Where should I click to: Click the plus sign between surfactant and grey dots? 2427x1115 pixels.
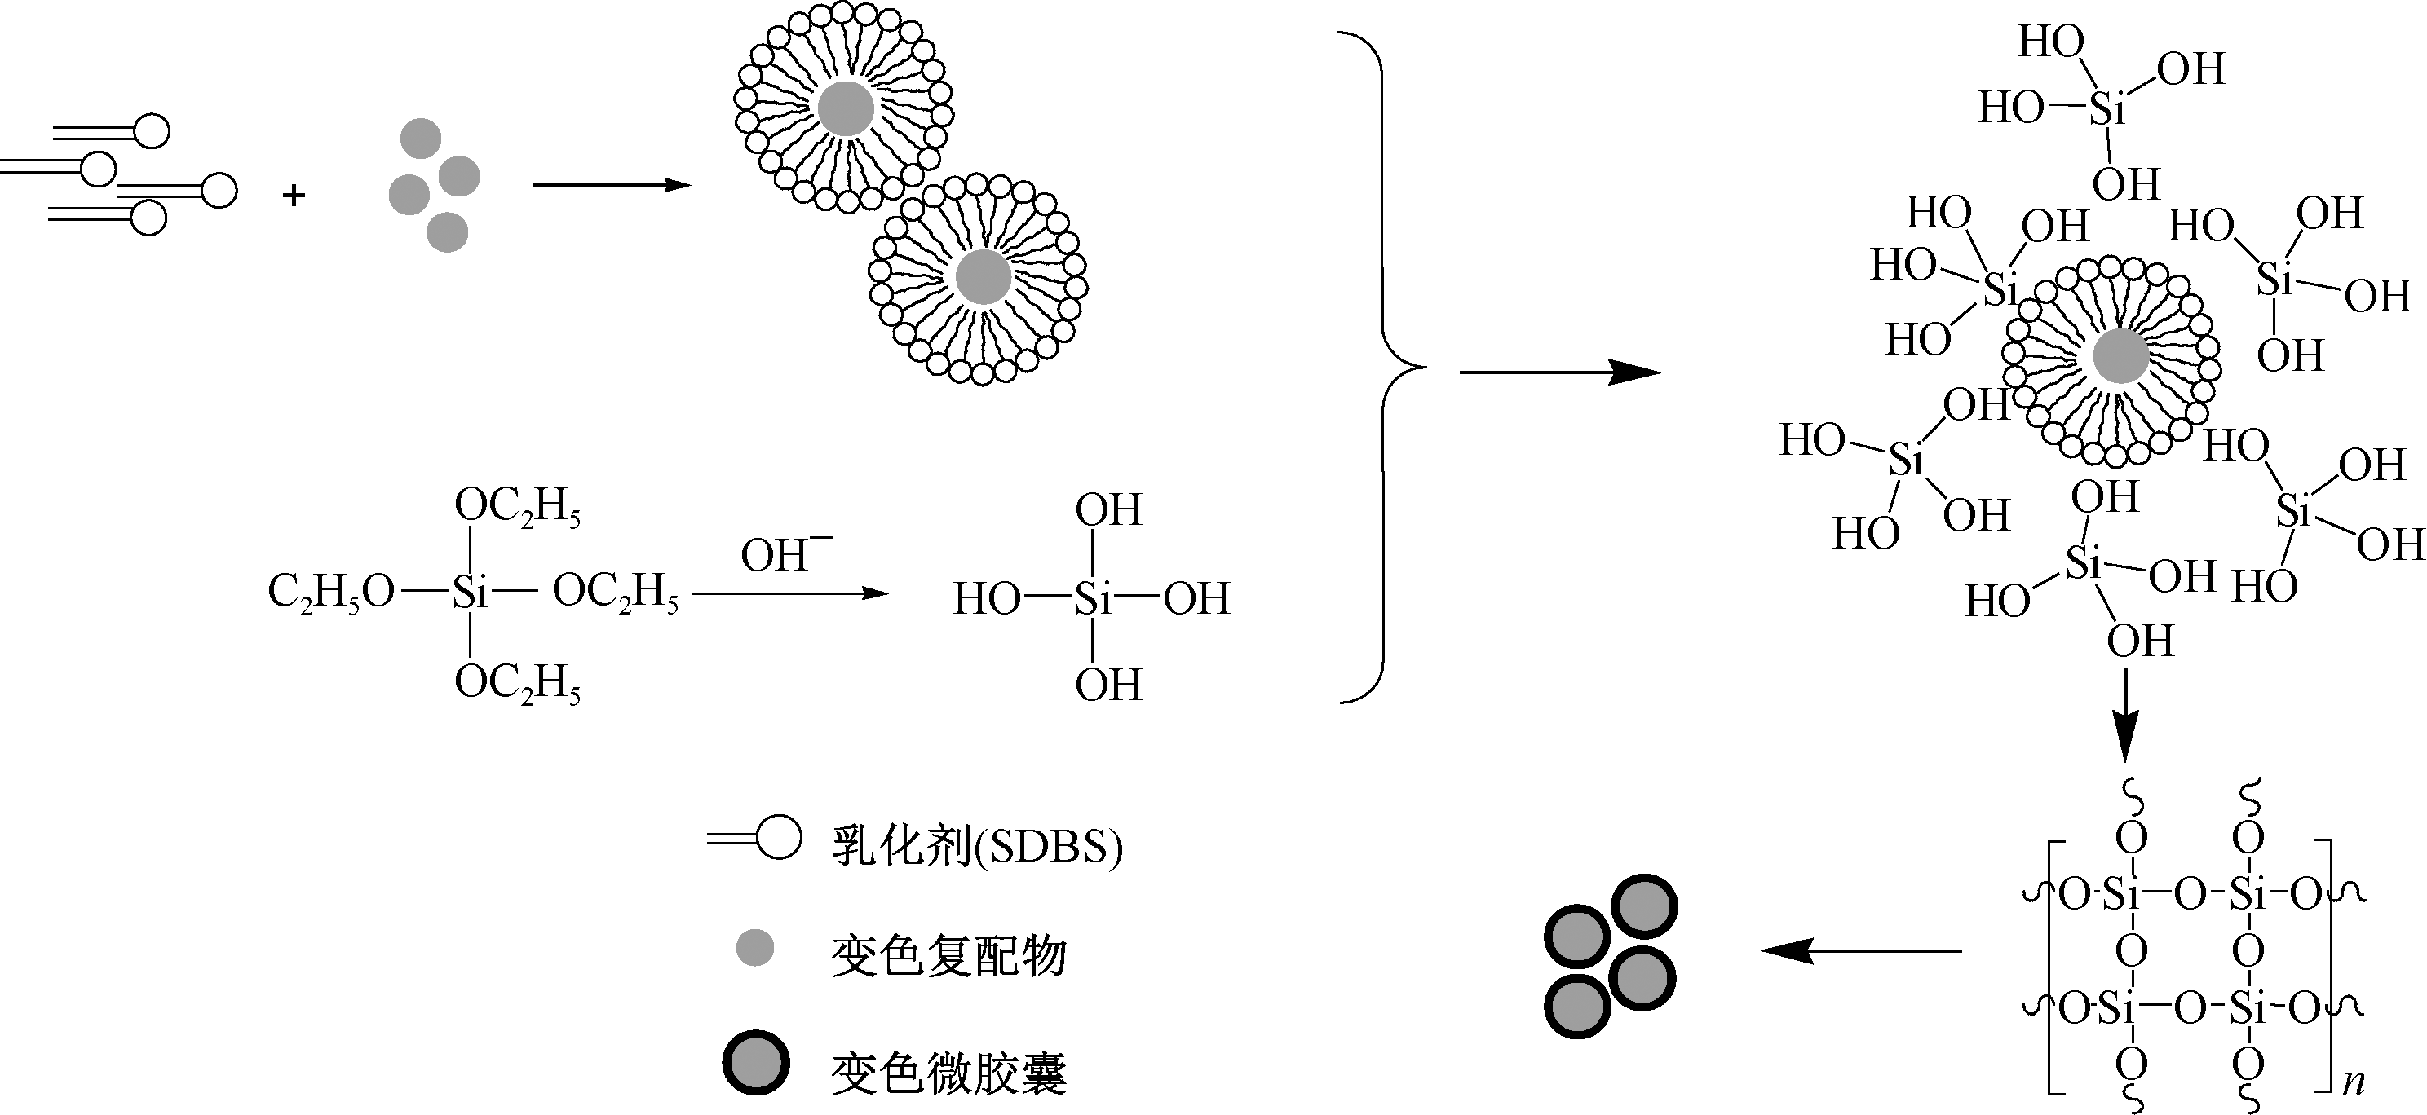pyautogui.click(x=294, y=196)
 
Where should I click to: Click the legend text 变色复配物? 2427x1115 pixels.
pyautogui.click(x=948, y=956)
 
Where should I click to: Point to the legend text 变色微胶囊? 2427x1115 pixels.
pyautogui.click(x=948, y=1073)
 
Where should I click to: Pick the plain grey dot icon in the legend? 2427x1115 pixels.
pyautogui.click(x=754, y=947)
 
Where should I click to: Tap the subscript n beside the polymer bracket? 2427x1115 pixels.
pyautogui.click(x=2353, y=1080)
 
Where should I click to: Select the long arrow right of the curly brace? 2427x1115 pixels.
pyautogui.click(x=1559, y=373)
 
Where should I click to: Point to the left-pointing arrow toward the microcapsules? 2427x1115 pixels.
pyautogui.click(x=1862, y=951)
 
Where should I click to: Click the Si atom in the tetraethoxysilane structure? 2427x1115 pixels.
pyautogui.click(x=469, y=593)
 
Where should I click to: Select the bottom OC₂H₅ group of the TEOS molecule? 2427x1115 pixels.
pyautogui.click(x=517, y=682)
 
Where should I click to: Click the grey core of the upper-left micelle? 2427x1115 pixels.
pyautogui.click(x=845, y=109)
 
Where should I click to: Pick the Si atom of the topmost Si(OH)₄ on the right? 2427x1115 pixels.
pyautogui.click(x=2107, y=110)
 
